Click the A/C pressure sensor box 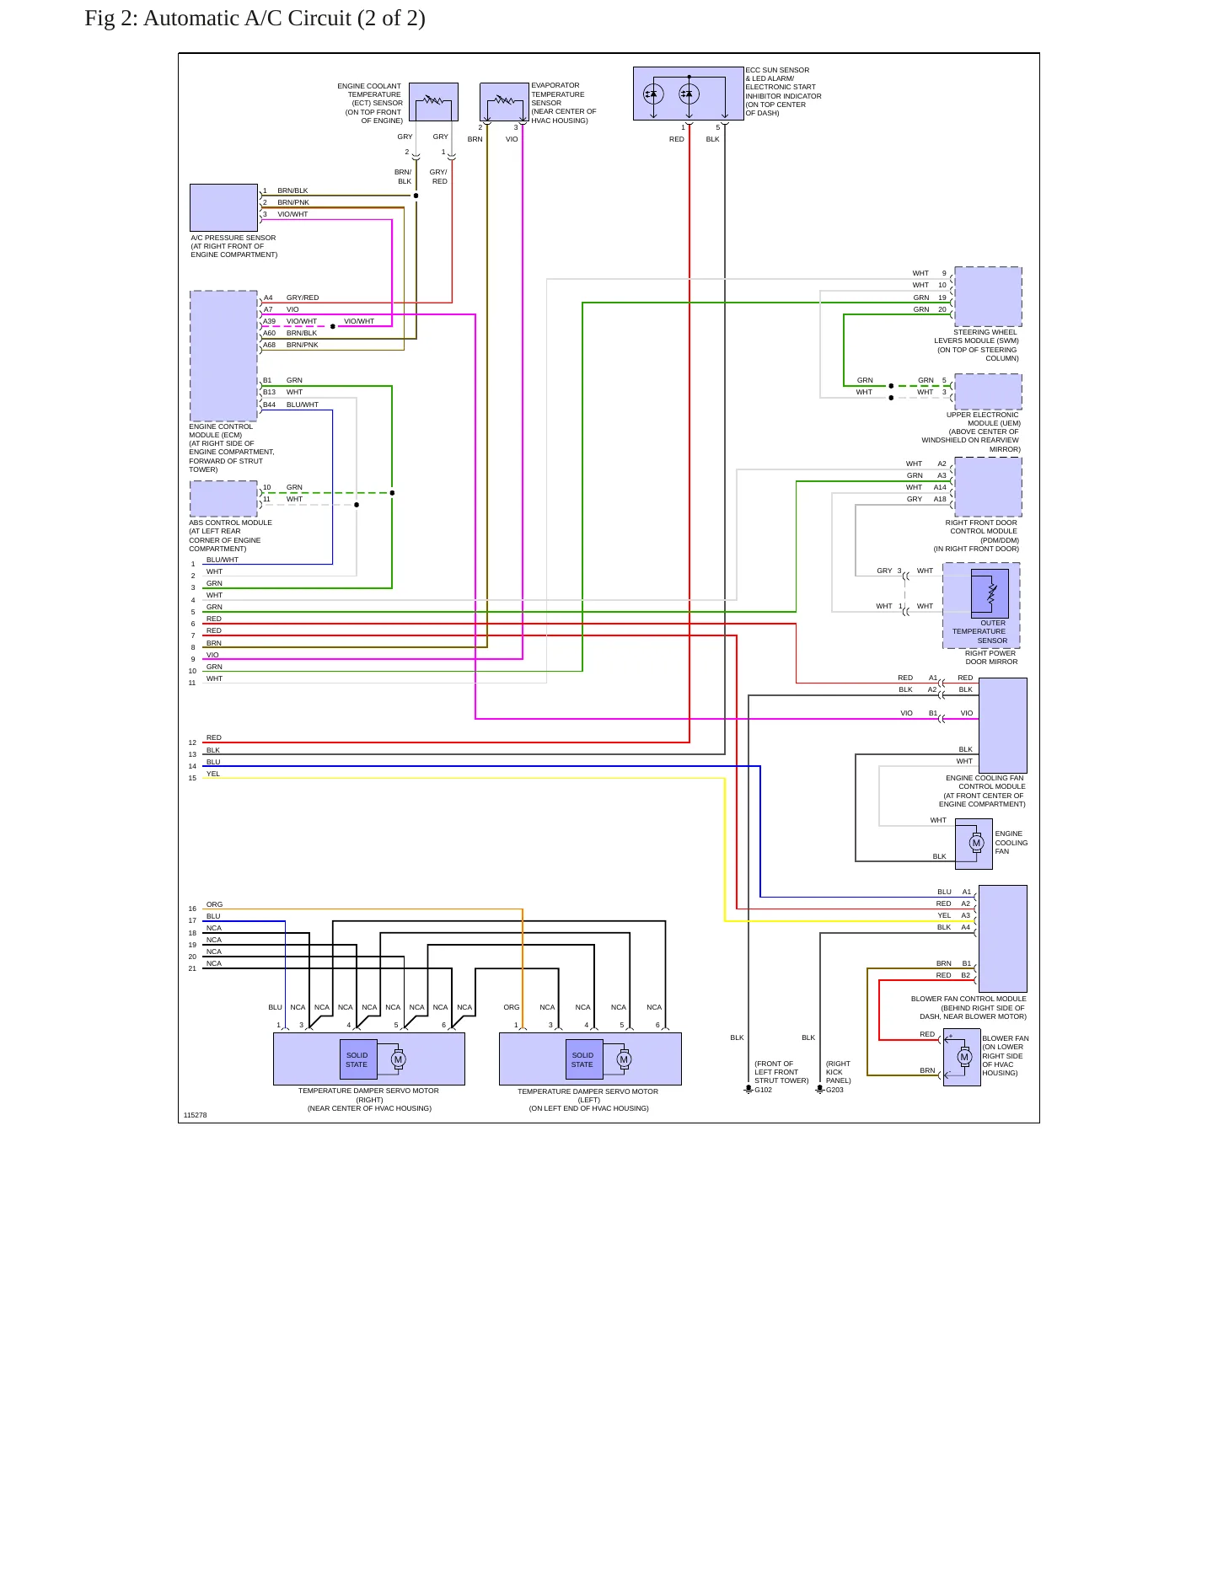[223, 207]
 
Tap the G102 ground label [763, 1090]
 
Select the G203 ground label [834, 1090]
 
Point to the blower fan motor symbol [964, 1057]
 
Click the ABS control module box [223, 499]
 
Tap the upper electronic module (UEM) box [988, 392]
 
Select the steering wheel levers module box [988, 297]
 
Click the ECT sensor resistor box [433, 102]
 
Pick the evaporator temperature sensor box [505, 102]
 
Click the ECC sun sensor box [689, 94]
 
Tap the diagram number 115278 [195, 1115]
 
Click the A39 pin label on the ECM [269, 321]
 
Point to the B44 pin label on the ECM [269, 405]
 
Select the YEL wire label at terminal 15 [213, 774]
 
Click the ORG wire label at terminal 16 [215, 904]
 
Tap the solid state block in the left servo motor [582, 1059]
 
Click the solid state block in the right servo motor [357, 1059]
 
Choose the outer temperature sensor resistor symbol [990, 592]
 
